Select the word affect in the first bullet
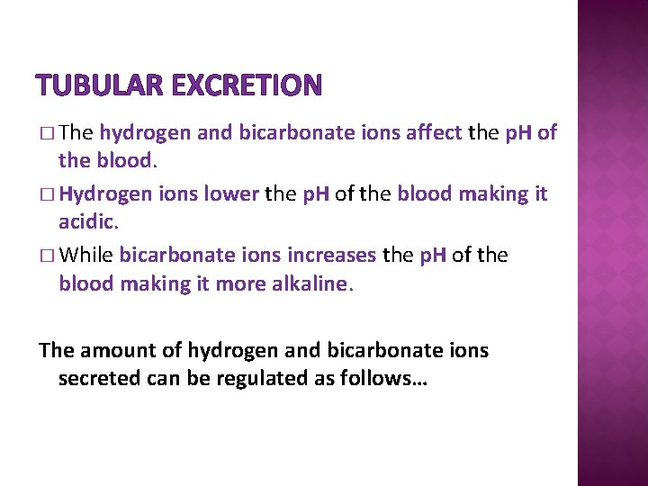pyautogui.click(x=433, y=134)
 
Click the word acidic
pyautogui.click(x=86, y=220)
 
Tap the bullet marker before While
pyautogui.click(x=47, y=256)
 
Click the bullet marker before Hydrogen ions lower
pyautogui.click(x=47, y=195)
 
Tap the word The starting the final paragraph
pyautogui.click(x=55, y=351)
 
